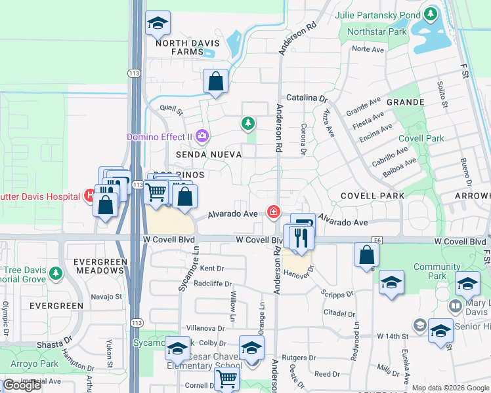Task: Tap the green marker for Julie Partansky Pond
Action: point(431,13)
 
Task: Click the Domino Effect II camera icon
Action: point(202,136)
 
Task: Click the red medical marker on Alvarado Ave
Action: point(272,212)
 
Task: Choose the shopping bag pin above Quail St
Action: point(215,82)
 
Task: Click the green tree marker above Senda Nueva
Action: point(247,122)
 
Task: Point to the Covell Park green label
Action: point(421,138)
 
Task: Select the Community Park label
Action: point(437,271)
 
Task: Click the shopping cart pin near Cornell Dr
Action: point(226,378)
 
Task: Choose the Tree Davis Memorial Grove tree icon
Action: point(56,271)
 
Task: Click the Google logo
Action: point(22,385)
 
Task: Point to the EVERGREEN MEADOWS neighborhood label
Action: point(100,267)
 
